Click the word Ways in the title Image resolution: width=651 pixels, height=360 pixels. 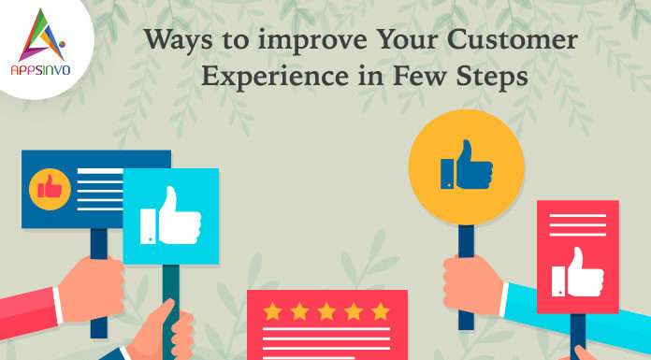coord(171,41)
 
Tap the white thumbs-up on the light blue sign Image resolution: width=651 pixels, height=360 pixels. coord(170,217)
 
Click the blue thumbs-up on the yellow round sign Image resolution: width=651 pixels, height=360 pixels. coord(466,166)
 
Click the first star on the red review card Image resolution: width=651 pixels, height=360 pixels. coord(271,310)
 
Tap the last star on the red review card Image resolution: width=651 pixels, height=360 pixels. coord(380,310)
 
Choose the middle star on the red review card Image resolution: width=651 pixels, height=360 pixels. coord(325,310)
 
